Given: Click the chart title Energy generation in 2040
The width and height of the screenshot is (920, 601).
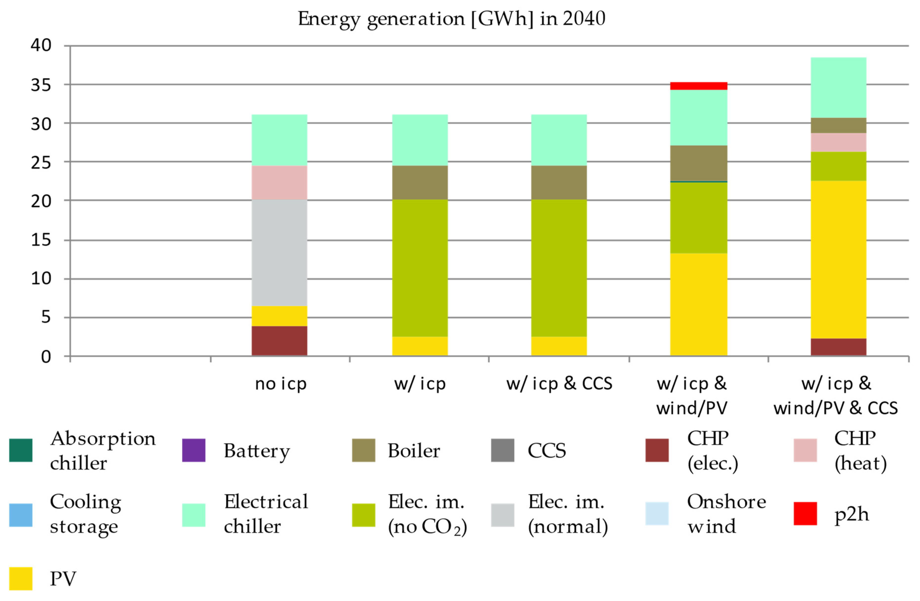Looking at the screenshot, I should click(x=451, y=19).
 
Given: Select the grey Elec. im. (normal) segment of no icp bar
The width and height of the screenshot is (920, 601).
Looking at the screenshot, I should click(x=279, y=253).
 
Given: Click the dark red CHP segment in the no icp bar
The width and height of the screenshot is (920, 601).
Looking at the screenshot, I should click(x=279, y=340).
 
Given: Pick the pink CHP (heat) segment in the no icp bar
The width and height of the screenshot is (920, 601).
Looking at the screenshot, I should click(x=279, y=183).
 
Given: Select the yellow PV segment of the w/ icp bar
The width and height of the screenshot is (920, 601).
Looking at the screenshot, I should click(x=420, y=346).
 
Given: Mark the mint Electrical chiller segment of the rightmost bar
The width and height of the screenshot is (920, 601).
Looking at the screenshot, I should click(x=838, y=87).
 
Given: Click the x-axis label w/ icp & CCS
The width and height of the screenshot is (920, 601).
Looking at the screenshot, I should click(x=559, y=384).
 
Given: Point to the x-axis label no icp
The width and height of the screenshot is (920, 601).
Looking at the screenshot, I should click(x=281, y=384).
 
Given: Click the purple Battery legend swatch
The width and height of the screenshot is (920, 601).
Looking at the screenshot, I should click(x=194, y=450).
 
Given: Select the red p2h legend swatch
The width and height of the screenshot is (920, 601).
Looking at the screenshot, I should click(x=805, y=514).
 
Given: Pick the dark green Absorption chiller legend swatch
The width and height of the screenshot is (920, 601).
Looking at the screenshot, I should click(x=21, y=450).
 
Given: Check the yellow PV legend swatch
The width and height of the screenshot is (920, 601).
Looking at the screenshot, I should click(x=21, y=579).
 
